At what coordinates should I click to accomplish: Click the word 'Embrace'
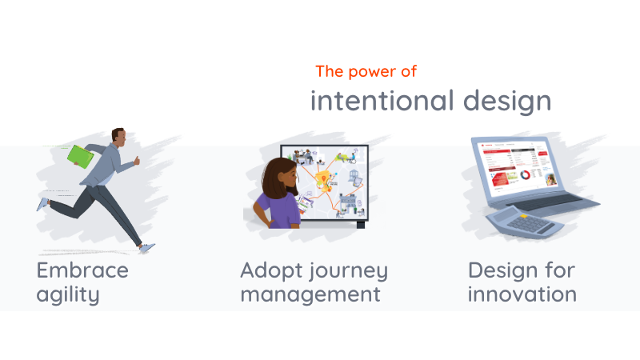click(x=82, y=270)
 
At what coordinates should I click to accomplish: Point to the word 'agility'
click(x=68, y=294)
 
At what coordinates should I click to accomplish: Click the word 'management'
click(x=310, y=294)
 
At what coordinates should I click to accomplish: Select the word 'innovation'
click(x=522, y=294)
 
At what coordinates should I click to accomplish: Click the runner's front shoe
click(x=146, y=248)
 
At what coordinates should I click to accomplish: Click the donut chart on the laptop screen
click(x=526, y=174)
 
